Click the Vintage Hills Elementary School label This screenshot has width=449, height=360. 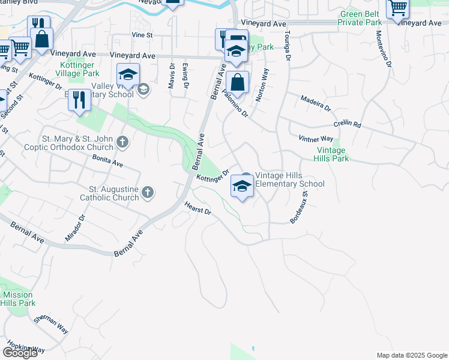(290, 179)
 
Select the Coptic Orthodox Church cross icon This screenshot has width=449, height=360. (122, 142)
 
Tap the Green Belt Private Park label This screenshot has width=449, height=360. (360, 18)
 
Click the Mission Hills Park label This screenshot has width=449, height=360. (18, 299)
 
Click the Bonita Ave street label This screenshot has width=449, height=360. (107, 160)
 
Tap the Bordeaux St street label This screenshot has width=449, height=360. (299, 208)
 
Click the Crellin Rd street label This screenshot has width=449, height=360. (348, 125)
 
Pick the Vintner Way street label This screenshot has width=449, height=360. (316, 139)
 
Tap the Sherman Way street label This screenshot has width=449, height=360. (50, 325)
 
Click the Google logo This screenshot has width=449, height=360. (20, 353)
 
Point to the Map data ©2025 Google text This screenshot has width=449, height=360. (411, 355)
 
